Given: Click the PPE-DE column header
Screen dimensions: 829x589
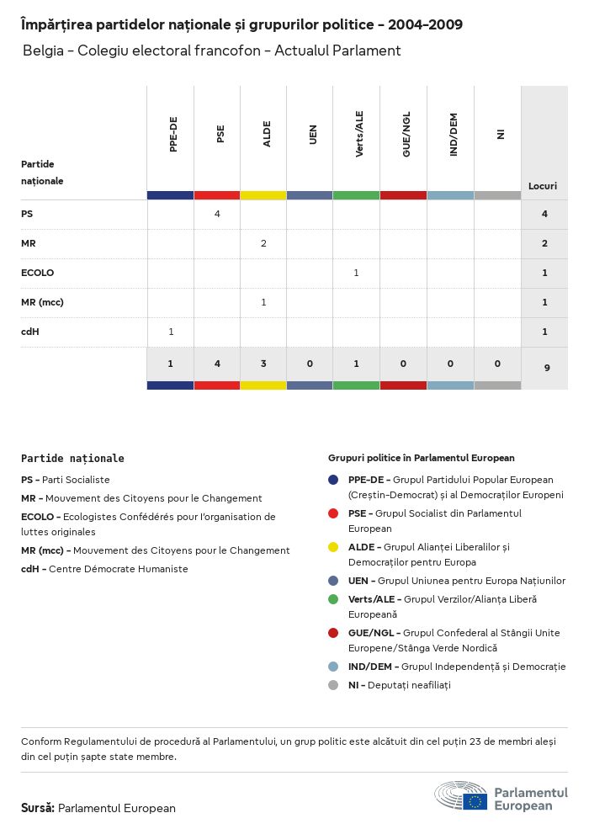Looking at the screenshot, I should point(173,135).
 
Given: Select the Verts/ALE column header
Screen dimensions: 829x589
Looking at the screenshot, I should point(359,135).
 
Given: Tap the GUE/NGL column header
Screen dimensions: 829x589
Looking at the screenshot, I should point(406,135).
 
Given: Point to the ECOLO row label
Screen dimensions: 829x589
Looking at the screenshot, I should point(37,273).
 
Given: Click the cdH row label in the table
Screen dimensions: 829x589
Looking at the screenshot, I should point(30,332).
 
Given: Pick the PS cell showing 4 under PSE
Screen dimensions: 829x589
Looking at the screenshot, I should point(217,214).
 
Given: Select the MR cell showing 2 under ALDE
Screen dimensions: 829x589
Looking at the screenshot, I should point(263,243).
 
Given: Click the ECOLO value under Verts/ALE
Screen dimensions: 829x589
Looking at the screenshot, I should point(356,273).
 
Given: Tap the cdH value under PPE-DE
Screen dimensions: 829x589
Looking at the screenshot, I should point(171,332).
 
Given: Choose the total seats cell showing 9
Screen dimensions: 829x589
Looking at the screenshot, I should point(545,368).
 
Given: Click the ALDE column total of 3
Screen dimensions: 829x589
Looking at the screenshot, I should point(263,364).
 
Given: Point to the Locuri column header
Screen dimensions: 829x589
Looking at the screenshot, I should point(543,186).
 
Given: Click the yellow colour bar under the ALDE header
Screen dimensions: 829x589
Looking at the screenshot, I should point(263,195).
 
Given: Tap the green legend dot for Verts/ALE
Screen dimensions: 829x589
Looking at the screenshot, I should point(334,599).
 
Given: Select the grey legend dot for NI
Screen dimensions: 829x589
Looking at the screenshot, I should point(334,685).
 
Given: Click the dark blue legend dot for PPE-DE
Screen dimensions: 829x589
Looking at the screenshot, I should point(334,480).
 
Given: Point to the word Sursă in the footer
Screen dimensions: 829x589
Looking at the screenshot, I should point(37,808).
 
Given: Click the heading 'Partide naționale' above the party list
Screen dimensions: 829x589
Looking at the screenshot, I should point(72,459).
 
